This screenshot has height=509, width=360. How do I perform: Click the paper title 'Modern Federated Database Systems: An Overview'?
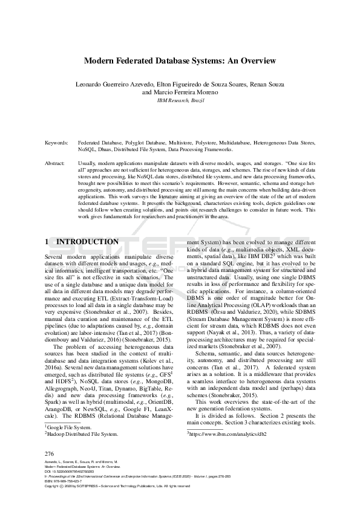[180, 60]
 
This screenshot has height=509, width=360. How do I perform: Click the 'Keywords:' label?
[56, 143]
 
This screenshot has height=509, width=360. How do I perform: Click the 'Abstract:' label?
[55, 163]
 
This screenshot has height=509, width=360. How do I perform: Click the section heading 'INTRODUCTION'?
[83, 241]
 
